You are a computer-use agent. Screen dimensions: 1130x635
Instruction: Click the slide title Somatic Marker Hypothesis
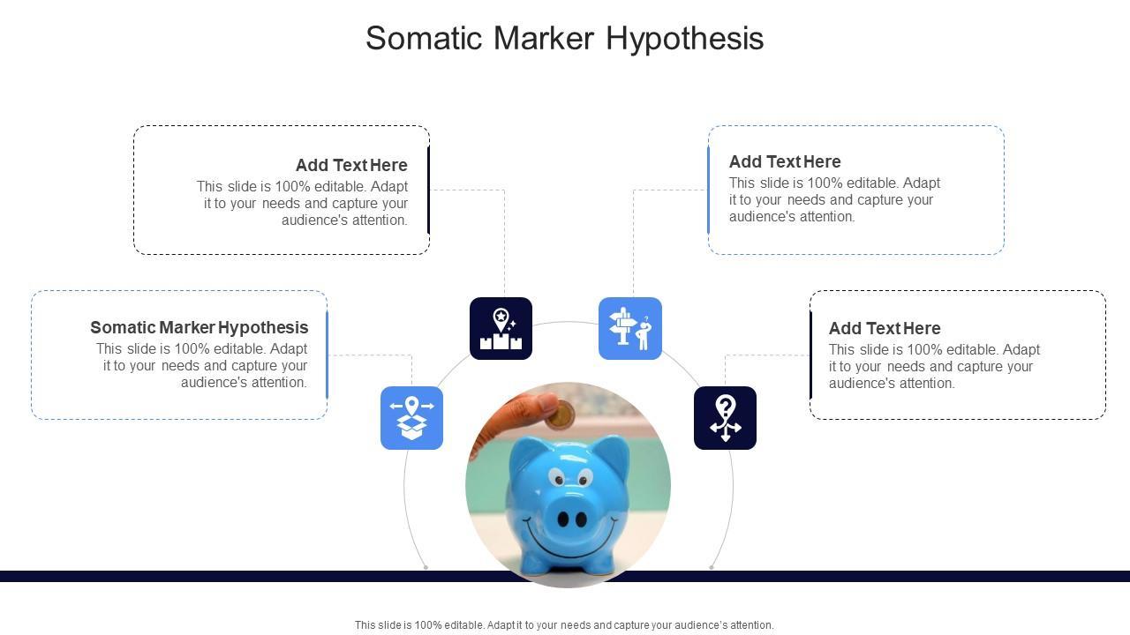coord(565,39)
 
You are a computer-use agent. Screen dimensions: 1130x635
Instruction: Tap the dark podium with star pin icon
coord(501,329)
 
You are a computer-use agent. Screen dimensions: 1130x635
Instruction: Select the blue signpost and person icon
coord(630,329)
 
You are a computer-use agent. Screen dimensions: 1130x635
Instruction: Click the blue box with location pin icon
coord(411,418)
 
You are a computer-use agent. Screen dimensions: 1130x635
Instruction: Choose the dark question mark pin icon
coord(725,418)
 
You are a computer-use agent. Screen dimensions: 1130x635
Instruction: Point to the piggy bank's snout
coord(572,518)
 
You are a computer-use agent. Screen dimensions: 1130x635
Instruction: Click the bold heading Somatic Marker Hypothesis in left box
coord(200,327)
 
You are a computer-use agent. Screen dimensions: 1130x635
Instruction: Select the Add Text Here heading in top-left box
coord(351,165)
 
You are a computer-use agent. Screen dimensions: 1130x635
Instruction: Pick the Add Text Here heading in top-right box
coord(785,161)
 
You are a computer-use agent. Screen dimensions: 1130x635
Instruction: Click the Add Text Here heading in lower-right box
coord(885,328)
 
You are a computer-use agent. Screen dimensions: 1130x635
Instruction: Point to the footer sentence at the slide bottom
coord(564,625)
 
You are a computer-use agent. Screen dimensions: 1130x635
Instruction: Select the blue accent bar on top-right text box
coord(708,190)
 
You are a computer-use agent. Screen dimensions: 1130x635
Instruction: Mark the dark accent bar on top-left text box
coord(429,190)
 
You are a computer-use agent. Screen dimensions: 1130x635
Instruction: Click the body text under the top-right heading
coord(834,200)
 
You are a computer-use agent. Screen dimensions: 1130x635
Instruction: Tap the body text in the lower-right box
coord(934,367)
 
